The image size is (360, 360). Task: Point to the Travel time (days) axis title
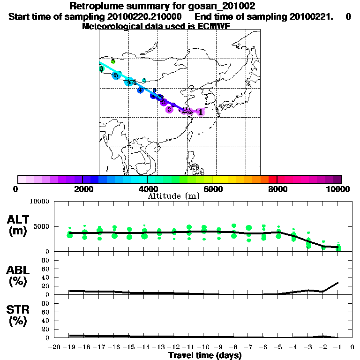point(205,356)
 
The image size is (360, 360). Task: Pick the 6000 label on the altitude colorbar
point(213,189)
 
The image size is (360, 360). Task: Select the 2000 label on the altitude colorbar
point(82,189)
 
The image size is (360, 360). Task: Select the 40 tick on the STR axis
point(46,320)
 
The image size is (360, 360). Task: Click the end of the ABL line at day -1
point(338,282)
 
